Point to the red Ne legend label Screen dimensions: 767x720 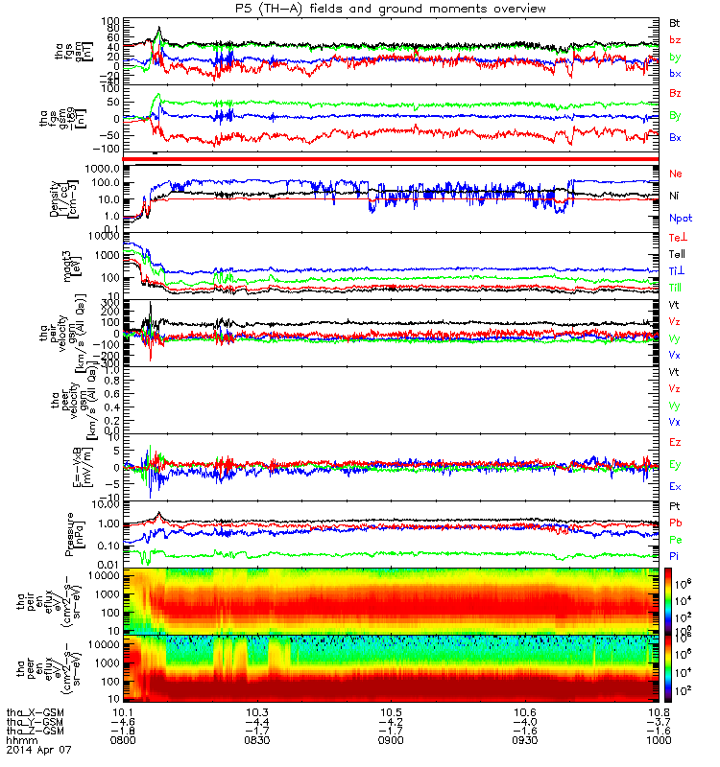point(675,174)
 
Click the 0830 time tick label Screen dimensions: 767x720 point(256,740)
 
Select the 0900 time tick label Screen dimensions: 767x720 point(391,740)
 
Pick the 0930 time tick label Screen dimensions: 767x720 point(523,740)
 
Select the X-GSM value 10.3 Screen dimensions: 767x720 point(256,711)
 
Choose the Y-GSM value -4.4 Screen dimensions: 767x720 point(256,721)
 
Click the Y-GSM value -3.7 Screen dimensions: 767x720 point(657,721)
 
